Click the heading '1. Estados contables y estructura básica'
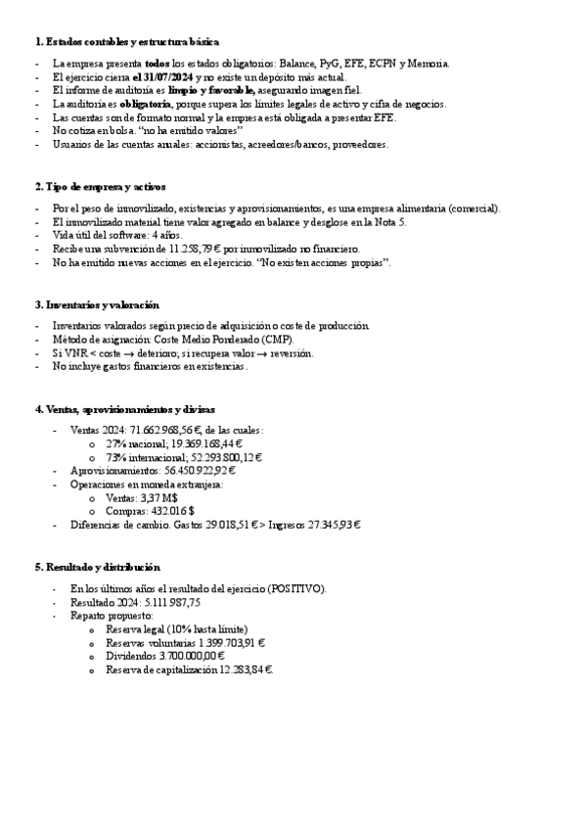coord(127,41)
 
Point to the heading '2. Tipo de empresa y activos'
coord(100,186)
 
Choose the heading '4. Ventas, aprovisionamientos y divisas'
coord(124,408)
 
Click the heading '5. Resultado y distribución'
coord(98,567)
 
